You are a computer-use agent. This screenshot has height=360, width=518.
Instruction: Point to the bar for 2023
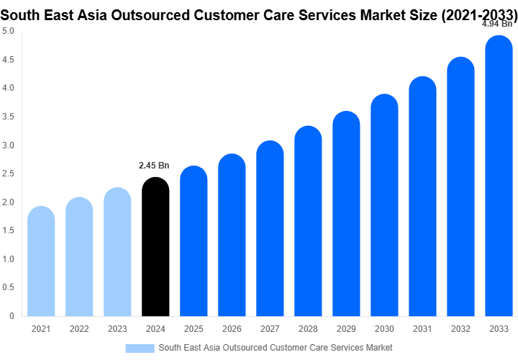coord(117,252)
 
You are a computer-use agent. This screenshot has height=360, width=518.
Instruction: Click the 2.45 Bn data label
coord(154,166)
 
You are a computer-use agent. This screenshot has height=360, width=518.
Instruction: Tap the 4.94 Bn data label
coord(497,23)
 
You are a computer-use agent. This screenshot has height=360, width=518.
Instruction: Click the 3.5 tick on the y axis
coord(8,117)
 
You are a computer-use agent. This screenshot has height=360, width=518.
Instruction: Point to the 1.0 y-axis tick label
coord(8,259)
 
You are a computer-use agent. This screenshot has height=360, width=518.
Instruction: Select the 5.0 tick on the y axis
coord(8,31)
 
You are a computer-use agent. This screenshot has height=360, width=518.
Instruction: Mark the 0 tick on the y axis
coord(12,316)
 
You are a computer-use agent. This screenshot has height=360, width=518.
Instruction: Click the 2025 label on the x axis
coord(194,329)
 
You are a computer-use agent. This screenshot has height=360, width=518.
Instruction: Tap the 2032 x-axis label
coord(460,329)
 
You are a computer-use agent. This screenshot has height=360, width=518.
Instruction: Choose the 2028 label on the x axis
coord(308,329)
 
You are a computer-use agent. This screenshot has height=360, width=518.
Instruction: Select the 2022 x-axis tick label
coord(79,329)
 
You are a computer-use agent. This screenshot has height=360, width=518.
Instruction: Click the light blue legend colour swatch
coord(140,348)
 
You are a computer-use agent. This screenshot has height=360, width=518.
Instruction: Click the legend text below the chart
coord(276,348)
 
